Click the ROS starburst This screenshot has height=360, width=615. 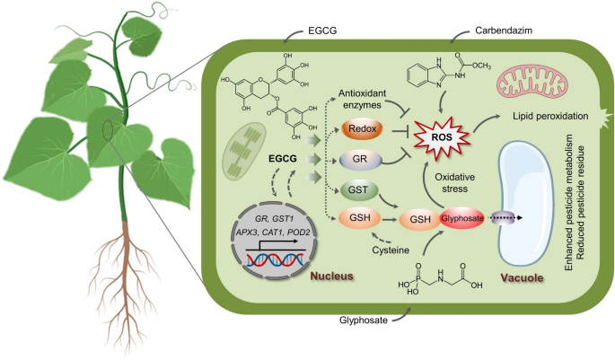[x=442, y=136]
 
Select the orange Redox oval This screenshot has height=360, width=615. [x=362, y=129]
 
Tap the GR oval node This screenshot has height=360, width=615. [x=360, y=160]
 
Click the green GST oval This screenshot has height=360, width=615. [x=358, y=190]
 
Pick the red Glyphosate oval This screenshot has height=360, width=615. [x=461, y=218]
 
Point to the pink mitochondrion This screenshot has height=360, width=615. [x=525, y=83]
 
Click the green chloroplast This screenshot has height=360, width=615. [x=244, y=152]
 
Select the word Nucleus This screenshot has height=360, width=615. [x=332, y=277]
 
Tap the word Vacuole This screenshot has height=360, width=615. [x=522, y=278]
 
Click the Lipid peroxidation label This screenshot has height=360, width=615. [x=550, y=116]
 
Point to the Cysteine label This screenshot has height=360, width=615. [x=391, y=250]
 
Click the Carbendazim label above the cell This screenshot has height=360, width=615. [x=504, y=31]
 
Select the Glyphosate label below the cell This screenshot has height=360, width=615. [x=364, y=320]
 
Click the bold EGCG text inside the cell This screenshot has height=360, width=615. [x=283, y=159]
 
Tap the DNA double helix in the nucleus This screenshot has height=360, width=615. [x=275, y=260]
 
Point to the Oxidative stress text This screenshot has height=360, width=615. [x=455, y=183]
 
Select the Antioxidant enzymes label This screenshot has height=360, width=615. [x=357, y=99]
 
